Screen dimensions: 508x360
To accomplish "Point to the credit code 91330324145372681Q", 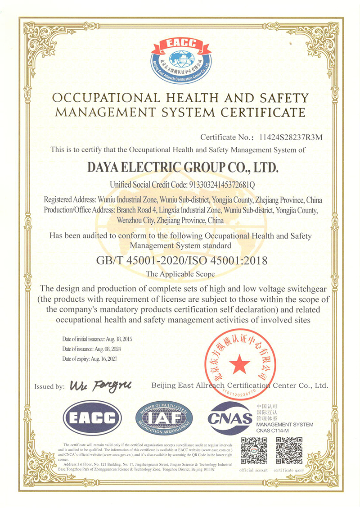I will [218, 184].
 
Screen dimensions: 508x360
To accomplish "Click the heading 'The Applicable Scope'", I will [180, 274].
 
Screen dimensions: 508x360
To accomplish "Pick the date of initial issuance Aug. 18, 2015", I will [116, 339].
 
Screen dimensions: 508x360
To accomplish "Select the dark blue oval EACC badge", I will [92, 417].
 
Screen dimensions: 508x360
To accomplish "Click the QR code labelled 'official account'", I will [253, 451].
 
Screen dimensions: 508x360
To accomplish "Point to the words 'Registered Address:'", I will [69, 200].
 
